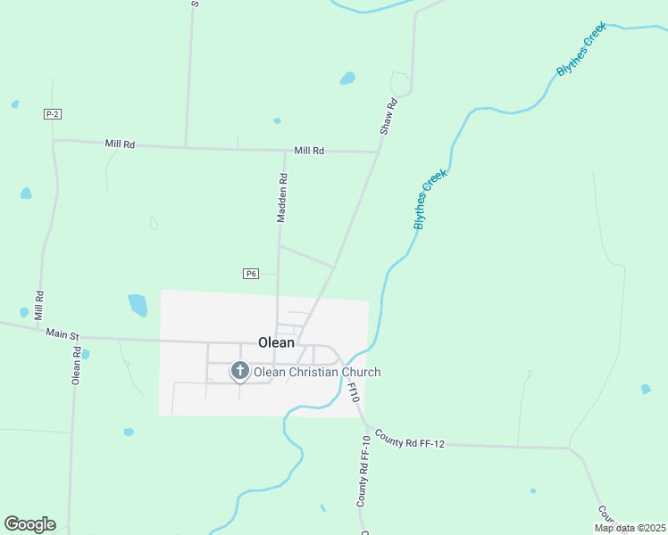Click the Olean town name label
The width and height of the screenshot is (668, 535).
(x=276, y=342)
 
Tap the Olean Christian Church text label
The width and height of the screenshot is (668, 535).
(x=317, y=372)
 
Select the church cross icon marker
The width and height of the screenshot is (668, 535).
(x=239, y=370)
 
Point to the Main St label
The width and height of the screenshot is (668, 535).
(x=63, y=334)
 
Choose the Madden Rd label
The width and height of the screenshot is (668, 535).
(x=282, y=197)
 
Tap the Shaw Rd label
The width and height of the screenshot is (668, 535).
(x=388, y=117)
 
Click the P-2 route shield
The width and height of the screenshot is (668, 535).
(x=52, y=114)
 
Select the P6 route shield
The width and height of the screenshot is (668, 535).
(x=250, y=274)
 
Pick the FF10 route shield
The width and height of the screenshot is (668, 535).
(x=353, y=392)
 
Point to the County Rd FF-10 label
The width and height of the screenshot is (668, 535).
(x=363, y=473)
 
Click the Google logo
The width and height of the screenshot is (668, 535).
(x=29, y=524)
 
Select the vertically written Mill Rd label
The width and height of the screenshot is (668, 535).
(x=39, y=306)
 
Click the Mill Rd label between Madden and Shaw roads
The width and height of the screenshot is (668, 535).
(x=308, y=151)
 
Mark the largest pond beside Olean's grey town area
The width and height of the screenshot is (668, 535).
(x=138, y=305)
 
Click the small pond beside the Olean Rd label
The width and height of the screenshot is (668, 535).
(x=85, y=354)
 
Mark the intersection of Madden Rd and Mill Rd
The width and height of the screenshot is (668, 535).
(x=285, y=150)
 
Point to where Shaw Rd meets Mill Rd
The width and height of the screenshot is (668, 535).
(x=380, y=152)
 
